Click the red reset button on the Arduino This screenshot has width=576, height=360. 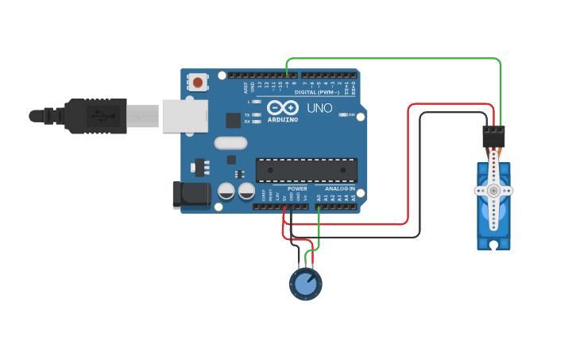point(197,82)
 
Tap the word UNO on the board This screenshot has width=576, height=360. point(319,107)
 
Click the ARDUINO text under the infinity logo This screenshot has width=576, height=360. point(283,119)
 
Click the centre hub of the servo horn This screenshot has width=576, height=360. point(493,191)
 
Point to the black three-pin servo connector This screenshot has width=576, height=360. point(493,137)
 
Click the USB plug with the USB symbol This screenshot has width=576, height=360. point(96,115)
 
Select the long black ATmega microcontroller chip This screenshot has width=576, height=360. point(306,170)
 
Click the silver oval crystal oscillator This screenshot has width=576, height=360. point(230,144)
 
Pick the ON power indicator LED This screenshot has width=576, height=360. point(343,114)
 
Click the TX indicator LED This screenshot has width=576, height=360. point(256,114)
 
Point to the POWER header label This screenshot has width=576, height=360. point(297,189)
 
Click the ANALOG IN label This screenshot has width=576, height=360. point(341,189)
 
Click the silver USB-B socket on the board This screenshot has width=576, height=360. point(184,115)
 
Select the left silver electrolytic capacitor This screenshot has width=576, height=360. point(226,192)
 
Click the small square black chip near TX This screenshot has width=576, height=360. point(233,120)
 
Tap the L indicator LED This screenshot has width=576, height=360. point(256,102)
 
